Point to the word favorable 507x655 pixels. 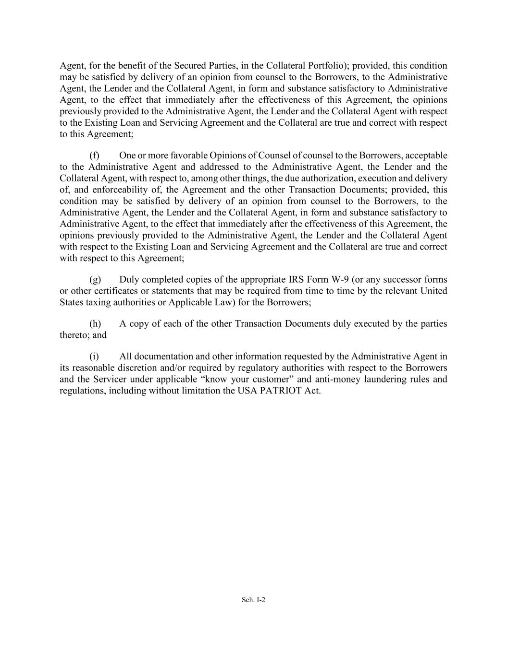[x=171, y=155]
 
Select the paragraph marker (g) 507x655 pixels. [x=95, y=280]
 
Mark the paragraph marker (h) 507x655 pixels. [x=95, y=324]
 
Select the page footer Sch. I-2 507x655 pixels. [x=253, y=600]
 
